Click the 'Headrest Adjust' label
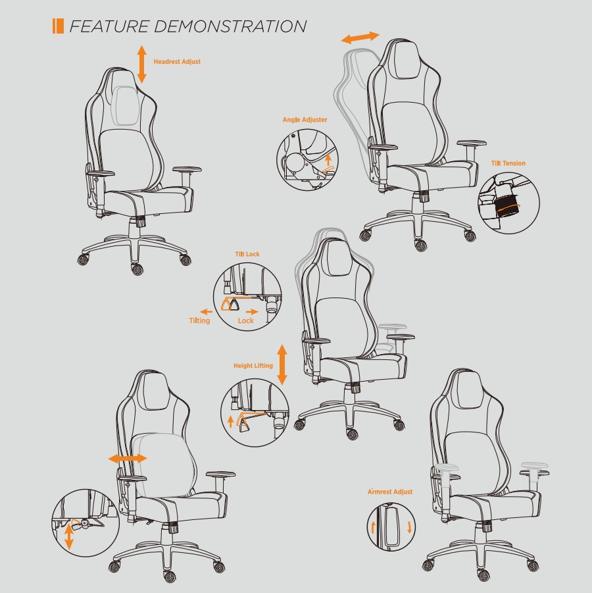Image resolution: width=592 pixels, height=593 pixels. point(177,62)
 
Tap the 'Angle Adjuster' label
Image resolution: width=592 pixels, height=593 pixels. point(305,120)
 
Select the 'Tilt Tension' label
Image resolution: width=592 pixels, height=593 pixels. point(508,163)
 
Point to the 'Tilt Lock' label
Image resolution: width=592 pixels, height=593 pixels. point(247,254)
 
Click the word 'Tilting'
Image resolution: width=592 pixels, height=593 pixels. point(199,321)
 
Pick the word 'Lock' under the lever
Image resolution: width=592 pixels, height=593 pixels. point(245,321)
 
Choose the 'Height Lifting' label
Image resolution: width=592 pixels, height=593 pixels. point(253,365)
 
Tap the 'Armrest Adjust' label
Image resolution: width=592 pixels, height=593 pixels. point(390,492)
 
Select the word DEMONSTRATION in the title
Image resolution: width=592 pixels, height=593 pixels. point(230,26)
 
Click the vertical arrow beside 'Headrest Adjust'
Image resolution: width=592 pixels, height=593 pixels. point(141,64)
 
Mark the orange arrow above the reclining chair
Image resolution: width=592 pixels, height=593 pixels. point(360,38)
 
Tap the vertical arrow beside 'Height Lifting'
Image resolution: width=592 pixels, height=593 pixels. point(282,365)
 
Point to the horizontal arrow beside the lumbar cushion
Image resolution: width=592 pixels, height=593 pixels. point(128,457)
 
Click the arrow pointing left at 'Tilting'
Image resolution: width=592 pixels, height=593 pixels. point(207,311)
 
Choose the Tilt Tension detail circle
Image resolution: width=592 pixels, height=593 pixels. point(508,200)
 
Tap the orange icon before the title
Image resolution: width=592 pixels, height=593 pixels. point(58,26)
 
